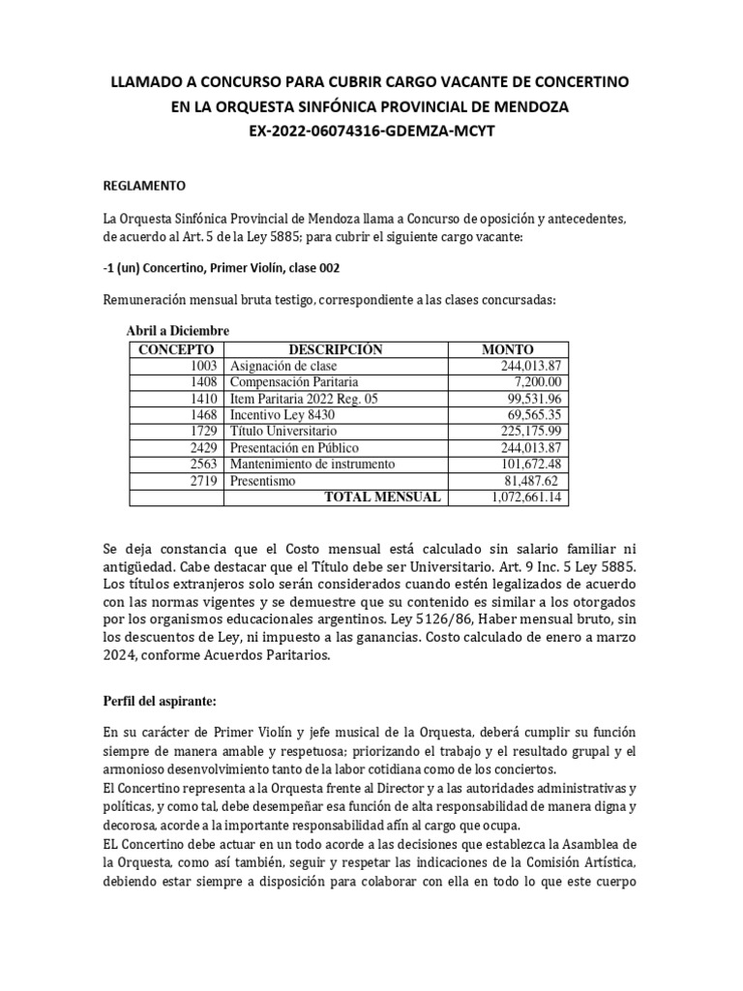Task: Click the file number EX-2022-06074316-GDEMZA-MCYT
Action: (371, 131)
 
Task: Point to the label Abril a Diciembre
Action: (177, 331)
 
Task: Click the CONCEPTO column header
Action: (175, 349)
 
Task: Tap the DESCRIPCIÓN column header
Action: (336, 349)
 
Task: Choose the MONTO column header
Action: (507, 349)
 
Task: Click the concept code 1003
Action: (204, 366)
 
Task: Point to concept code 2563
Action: (204, 465)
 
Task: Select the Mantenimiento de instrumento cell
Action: (312, 465)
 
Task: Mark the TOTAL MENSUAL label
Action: (382, 497)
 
